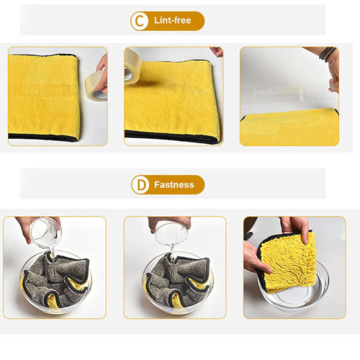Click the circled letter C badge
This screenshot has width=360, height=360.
[x=140, y=21]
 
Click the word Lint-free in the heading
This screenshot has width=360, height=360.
[x=173, y=21]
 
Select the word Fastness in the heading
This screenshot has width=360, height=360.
[x=174, y=185]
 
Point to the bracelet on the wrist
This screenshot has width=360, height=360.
[x=328, y=54]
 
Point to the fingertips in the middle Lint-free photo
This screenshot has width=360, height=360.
[x=216, y=52]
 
